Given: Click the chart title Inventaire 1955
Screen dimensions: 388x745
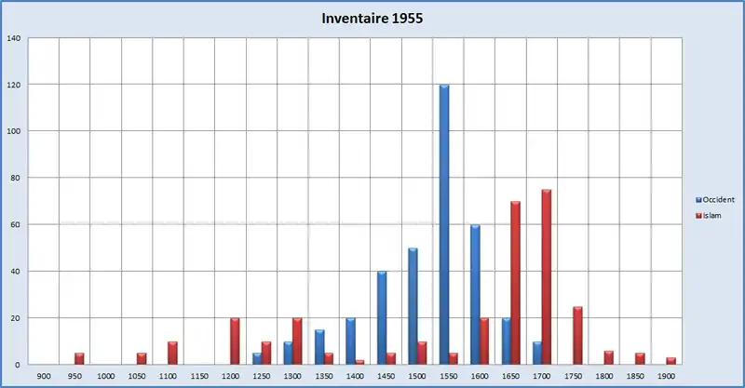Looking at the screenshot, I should coord(372,19).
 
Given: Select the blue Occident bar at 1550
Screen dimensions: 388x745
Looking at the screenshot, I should coord(444,224).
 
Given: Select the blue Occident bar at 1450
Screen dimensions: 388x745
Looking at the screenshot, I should coord(382,317).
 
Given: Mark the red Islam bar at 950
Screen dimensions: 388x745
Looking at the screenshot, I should coord(79,358).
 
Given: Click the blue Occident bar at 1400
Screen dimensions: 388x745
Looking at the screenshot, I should coord(350,341).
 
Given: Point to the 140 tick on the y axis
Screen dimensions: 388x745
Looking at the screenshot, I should coord(15,38).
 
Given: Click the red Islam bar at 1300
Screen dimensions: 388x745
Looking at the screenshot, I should coord(297,341).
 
